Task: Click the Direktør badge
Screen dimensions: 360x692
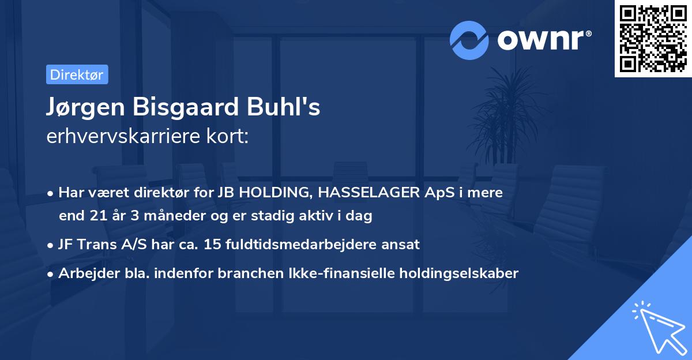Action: tap(77, 75)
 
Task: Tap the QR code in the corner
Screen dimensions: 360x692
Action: tap(652, 38)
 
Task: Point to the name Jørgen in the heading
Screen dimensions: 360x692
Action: tap(82, 108)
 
